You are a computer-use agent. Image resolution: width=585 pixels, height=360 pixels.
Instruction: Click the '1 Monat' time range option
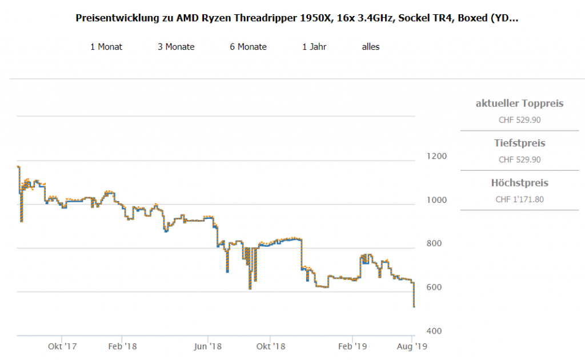tap(106, 47)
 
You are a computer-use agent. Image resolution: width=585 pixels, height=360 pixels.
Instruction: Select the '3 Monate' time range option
tap(176, 47)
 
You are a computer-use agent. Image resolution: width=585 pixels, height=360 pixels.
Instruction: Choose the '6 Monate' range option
tap(248, 47)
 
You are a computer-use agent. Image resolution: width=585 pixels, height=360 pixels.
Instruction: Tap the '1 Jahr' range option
tap(314, 47)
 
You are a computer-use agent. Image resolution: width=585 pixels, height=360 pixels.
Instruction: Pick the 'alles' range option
tap(371, 47)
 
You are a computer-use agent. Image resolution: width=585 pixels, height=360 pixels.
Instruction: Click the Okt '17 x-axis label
tap(62, 346)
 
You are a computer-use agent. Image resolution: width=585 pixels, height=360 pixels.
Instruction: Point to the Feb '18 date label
tap(122, 346)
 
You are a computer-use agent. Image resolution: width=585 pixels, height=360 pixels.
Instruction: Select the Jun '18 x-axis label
tap(208, 346)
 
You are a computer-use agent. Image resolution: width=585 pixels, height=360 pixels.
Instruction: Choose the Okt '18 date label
tap(271, 346)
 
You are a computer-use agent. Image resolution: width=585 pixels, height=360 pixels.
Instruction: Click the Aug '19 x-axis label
tap(411, 346)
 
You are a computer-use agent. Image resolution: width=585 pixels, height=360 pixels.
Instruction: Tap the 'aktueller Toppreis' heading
tap(519, 103)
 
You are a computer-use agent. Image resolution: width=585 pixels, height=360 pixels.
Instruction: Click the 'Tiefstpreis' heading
tap(519, 143)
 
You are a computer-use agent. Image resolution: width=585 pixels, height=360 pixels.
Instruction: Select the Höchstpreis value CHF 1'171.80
tap(519, 199)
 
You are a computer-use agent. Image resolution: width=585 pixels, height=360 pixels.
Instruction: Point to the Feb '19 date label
tap(352, 346)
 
